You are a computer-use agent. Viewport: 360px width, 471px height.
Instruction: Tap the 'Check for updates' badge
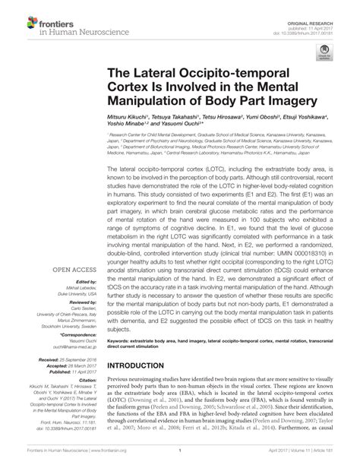click(326, 55)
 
